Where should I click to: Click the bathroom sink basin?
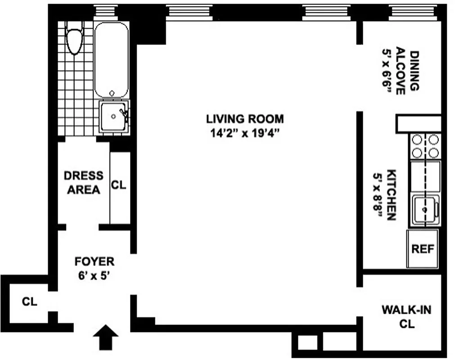113,117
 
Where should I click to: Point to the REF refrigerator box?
423,248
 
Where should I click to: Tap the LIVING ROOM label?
245,119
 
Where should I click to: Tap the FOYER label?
94,261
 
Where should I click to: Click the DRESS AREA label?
83,182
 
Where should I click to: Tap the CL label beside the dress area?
119,185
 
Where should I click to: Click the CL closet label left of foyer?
30,301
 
